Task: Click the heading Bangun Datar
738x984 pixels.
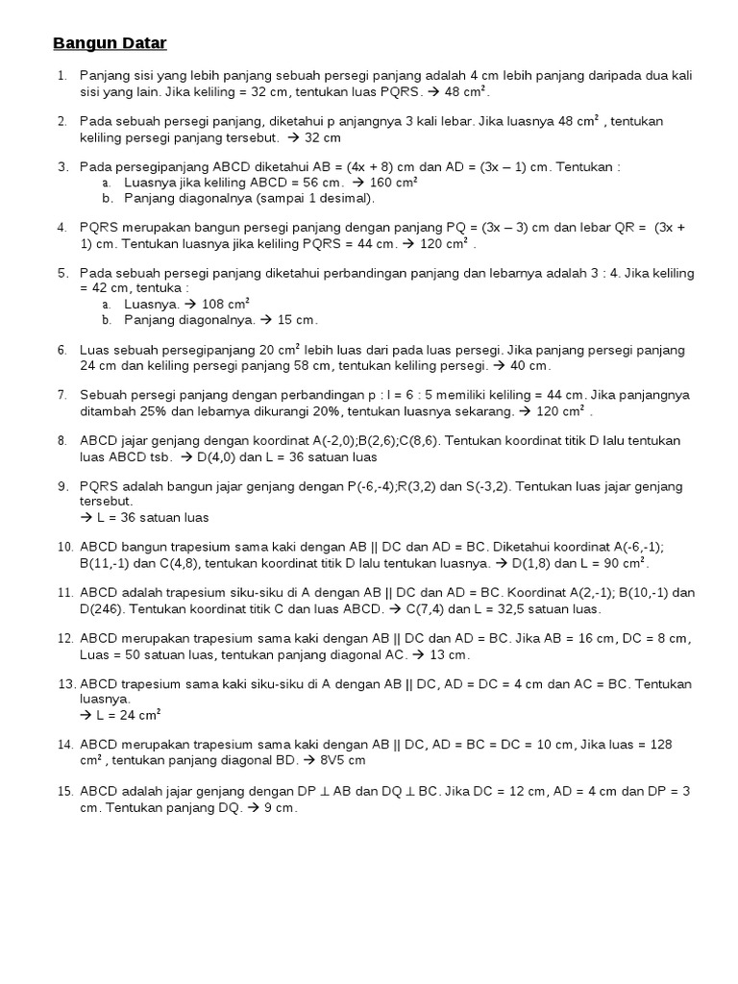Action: point(109,43)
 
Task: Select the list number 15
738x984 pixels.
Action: point(65,791)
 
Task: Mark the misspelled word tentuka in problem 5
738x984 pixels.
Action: point(159,287)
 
